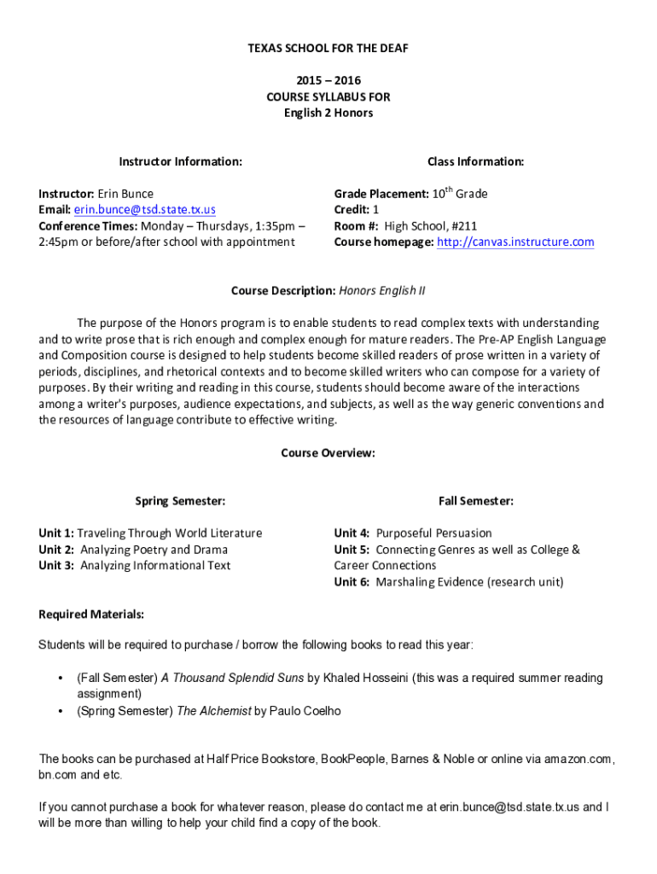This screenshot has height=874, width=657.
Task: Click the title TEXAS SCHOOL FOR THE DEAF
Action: click(328, 49)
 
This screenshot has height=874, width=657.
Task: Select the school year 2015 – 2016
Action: click(328, 81)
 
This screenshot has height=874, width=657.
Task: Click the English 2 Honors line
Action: click(328, 113)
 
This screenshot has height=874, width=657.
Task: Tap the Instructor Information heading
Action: click(180, 161)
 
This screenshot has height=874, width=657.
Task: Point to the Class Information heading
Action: click(475, 161)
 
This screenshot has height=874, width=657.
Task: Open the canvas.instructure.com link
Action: click(515, 242)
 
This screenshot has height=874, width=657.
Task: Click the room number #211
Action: click(465, 226)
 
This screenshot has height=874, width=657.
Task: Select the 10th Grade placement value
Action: click(459, 194)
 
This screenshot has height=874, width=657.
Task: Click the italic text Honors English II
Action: click(382, 291)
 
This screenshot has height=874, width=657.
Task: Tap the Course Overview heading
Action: click(328, 453)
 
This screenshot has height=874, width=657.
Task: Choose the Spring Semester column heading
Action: click(180, 501)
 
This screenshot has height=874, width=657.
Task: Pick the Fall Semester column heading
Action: click(475, 501)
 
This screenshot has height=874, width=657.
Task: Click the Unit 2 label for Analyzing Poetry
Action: click(56, 550)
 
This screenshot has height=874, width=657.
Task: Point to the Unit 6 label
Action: click(352, 582)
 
